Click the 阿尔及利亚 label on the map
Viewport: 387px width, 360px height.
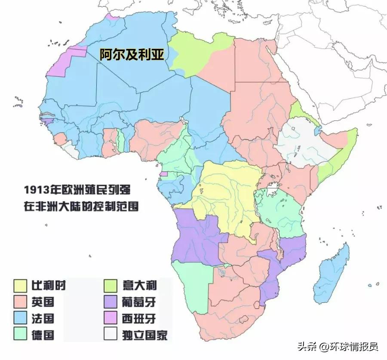[132, 55]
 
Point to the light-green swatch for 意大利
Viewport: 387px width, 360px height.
[111, 285]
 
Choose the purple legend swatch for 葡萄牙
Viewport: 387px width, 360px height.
[111, 302]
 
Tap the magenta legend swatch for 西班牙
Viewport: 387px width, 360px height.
[111, 318]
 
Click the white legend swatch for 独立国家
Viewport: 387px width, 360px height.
[111, 335]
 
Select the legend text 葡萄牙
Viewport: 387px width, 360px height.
[138, 302]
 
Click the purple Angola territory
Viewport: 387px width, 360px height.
[198, 236]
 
